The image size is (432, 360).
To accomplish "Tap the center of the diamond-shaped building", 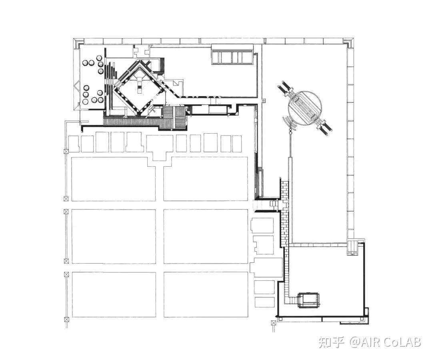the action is [139, 88].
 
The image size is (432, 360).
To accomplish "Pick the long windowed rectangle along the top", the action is [232, 54].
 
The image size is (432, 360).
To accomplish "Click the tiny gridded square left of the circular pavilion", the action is [264, 100].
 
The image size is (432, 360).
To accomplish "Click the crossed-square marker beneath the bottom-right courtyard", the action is [273, 323].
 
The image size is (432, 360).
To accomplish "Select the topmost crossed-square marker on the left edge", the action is [66, 151].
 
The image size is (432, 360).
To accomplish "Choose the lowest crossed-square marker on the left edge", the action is [66, 320].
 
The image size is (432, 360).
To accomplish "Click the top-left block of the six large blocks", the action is [114, 179].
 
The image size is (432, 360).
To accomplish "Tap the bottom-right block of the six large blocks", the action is [206, 294].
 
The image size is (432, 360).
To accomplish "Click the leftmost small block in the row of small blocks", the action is [74, 144].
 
